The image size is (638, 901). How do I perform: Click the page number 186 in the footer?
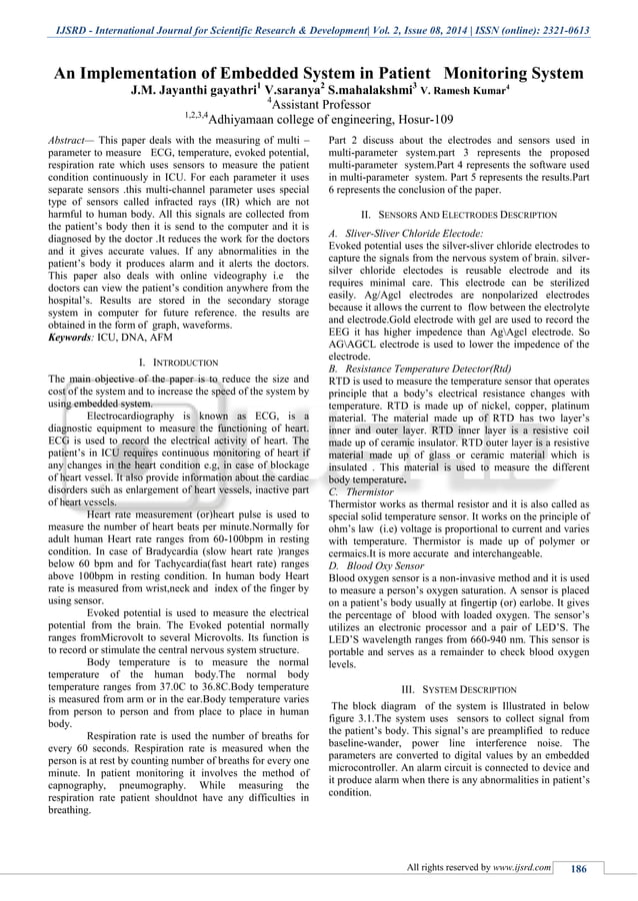[577, 868]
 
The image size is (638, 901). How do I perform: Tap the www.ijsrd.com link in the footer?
[522, 868]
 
